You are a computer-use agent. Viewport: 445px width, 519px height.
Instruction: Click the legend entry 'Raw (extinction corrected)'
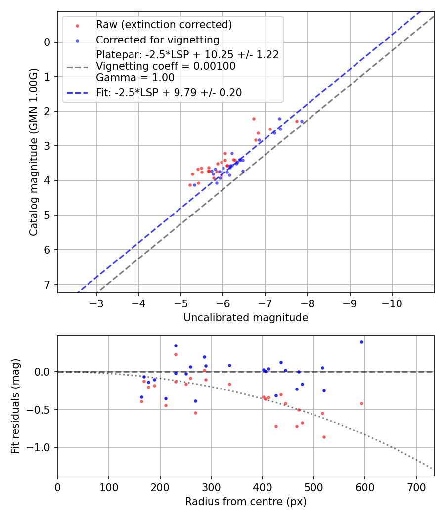[x=164, y=25]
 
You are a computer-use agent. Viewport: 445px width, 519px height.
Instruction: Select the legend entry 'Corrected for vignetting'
[x=157, y=40]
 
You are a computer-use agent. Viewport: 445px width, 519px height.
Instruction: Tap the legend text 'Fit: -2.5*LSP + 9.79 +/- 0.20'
[x=169, y=92]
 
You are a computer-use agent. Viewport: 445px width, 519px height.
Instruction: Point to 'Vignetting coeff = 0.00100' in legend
[x=166, y=66]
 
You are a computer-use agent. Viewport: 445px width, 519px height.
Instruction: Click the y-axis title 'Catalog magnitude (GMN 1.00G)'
[x=33, y=152]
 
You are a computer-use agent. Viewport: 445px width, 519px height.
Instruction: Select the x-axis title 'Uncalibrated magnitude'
[x=246, y=318]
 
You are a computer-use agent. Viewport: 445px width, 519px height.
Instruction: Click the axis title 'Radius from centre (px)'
[x=246, y=502]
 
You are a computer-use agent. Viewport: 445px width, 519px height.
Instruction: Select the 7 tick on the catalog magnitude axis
[x=47, y=284]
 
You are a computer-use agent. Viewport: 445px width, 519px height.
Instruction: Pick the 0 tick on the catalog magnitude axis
[x=47, y=42]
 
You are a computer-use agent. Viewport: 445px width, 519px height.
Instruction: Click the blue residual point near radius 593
[x=361, y=342]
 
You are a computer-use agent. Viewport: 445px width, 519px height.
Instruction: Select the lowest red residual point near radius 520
[x=324, y=437]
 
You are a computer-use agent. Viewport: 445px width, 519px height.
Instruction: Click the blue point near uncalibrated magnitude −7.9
[x=302, y=121]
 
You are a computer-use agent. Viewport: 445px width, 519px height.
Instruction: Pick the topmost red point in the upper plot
[x=254, y=119]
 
